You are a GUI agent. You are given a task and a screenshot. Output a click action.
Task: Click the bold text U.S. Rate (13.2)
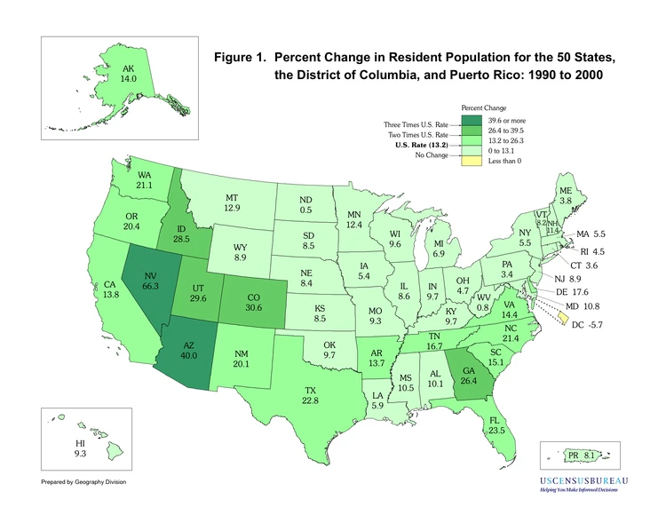(416, 142)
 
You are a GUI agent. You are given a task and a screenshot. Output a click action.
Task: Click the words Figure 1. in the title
(245, 58)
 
